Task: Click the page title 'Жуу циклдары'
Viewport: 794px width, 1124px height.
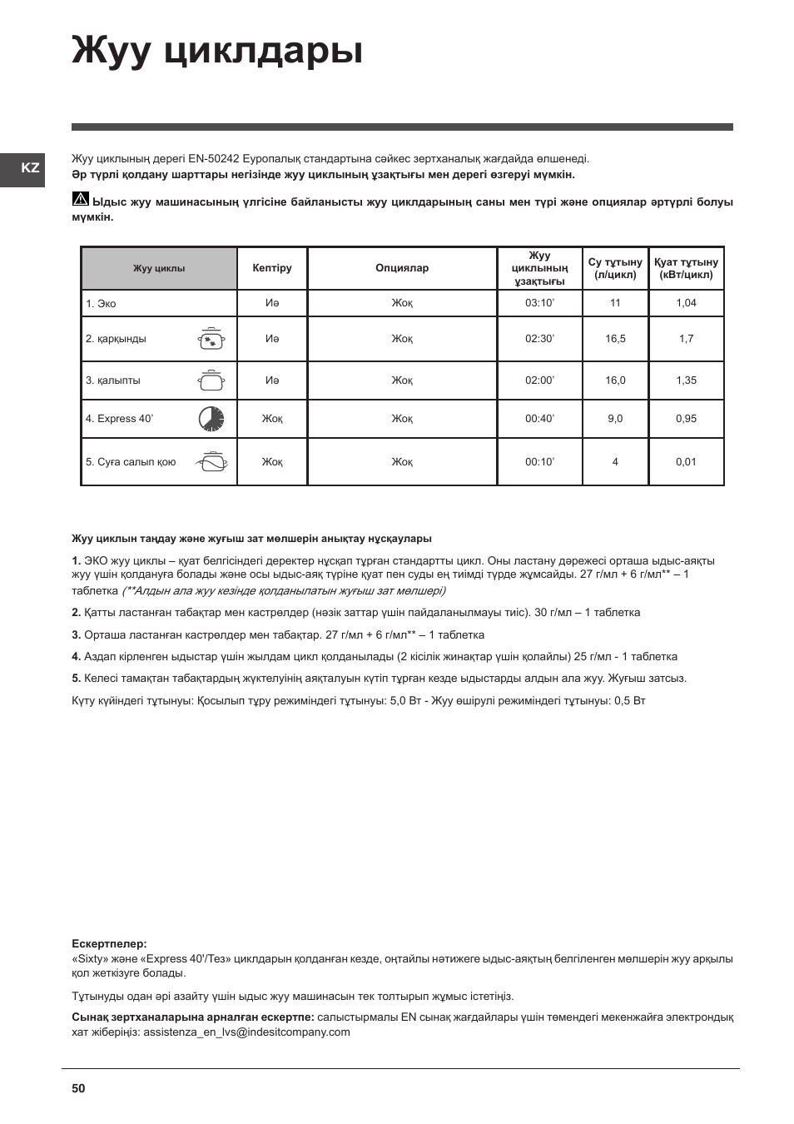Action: pyautogui.click(x=217, y=50)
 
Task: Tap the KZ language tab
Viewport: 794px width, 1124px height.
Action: pyautogui.click(x=30, y=168)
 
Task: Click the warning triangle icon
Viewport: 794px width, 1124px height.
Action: pyautogui.click(x=80, y=200)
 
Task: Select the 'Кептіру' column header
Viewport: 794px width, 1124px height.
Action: pyautogui.click(x=272, y=268)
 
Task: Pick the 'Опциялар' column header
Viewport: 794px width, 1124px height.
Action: pyautogui.click(x=402, y=268)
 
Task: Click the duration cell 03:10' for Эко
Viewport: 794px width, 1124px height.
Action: pyautogui.click(x=539, y=303)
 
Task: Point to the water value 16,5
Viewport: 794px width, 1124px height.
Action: pyautogui.click(x=615, y=339)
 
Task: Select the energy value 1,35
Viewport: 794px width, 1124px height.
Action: pyautogui.click(x=686, y=380)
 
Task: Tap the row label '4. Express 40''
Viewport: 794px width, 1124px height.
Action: pyautogui.click(x=119, y=419)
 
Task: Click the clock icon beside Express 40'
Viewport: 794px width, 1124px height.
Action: pyautogui.click(x=211, y=419)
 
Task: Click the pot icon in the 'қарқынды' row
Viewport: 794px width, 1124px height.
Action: pyautogui.click(x=211, y=339)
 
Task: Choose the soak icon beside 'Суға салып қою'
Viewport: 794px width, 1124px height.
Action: pyautogui.click(x=211, y=462)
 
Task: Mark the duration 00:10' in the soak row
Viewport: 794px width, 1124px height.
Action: pyautogui.click(x=539, y=462)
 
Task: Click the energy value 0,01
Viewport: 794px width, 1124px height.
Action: pyautogui.click(x=686, y=462)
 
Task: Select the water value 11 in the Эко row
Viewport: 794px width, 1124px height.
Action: pyautogui.click(x=615, y=303)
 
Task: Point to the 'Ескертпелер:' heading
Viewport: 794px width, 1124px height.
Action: pyautogui.click(x=109, y=944)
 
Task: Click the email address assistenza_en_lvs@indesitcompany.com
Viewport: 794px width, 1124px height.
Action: pyautogui.click(x=246, y=1032)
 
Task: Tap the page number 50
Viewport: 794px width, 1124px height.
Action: pyautogui.click(x=78, y=1088)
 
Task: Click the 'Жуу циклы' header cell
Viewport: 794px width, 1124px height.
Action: pyautogui.click(x=159, y=269)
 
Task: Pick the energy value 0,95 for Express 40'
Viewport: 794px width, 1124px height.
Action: pyautogui.click(x=686, y=419)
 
